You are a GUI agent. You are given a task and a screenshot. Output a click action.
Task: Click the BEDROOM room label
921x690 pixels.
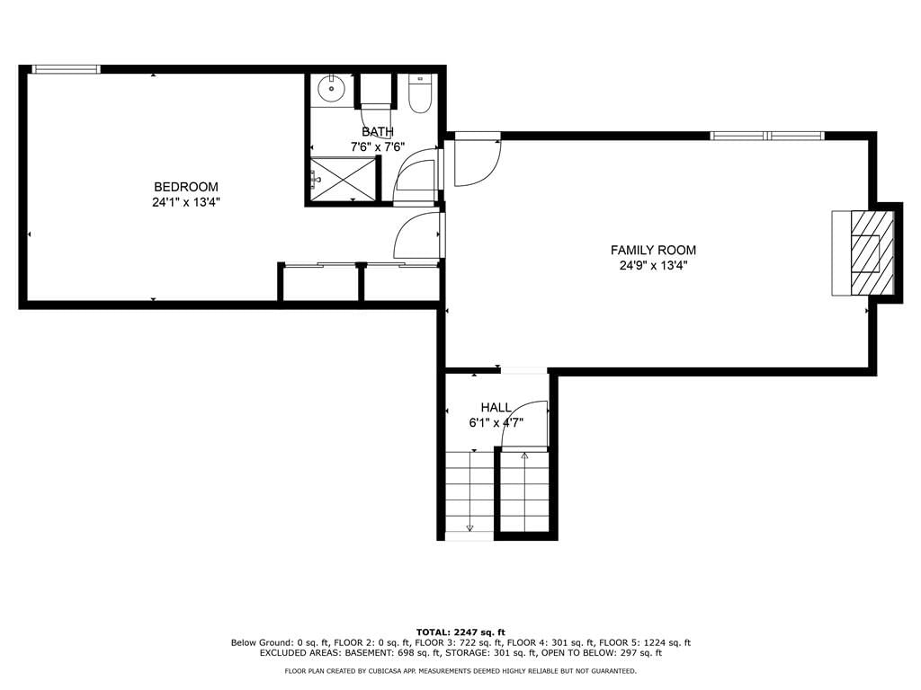pyautogui.click(x=185, y=187)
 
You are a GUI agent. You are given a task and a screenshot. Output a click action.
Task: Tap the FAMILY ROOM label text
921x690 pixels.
pyautogui.click(x=653, y=250)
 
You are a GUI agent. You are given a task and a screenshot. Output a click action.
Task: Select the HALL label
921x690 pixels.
pyautogui.click(x=496, y=407)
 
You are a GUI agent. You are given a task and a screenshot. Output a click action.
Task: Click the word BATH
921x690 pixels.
pyautogui.click(x=378, y=131)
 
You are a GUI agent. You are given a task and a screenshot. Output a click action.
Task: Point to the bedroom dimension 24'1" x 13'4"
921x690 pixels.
pyautogui.click(x=185, y=203)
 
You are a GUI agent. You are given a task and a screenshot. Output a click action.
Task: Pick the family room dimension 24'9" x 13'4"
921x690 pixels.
pyautogui.click(x=653, y=266)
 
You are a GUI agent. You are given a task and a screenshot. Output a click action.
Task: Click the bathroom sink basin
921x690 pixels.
pyautogui.click(x=332, y=89)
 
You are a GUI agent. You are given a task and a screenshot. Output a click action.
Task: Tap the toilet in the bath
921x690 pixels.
pyautogui.click(x=420, y=93)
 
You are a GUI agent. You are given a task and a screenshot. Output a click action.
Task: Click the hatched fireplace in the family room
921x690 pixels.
pyautogui.click(x=872, y=253)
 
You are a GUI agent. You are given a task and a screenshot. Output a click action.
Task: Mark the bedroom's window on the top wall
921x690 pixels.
pyautogui.click(x=66, y=69)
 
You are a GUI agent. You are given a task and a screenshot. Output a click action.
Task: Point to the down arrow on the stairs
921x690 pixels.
pyautogui.click(x=469, y=490)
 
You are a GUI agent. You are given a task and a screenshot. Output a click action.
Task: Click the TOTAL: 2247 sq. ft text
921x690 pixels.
pyautogui.click(x=460, y=632)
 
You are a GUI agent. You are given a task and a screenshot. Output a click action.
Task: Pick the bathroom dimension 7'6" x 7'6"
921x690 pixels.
pyautogui.click(x=378, y=146)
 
